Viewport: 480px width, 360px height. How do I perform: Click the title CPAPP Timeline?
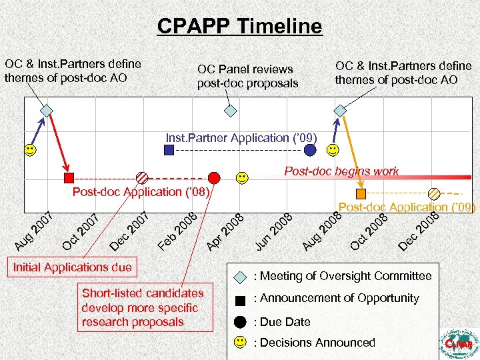click(239, 26)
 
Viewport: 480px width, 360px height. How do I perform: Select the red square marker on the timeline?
click(69, 177)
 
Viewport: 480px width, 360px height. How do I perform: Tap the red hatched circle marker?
click(143, 177)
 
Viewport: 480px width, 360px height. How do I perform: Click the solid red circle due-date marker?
click(213, 177)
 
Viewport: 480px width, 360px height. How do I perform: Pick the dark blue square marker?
click(169, 151)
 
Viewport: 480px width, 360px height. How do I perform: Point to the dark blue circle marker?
click(310, 151)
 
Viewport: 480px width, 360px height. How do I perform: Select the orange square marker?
click(361, 194)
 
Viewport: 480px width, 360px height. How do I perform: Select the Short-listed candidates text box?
click(143, 307)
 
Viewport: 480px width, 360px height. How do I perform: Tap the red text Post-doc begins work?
click(341, 171)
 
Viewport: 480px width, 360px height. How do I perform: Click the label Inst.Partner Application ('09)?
click(241, 138)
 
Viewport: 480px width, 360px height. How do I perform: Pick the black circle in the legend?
click(241, 321)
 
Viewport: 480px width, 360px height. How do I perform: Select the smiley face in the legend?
click(241, 343)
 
